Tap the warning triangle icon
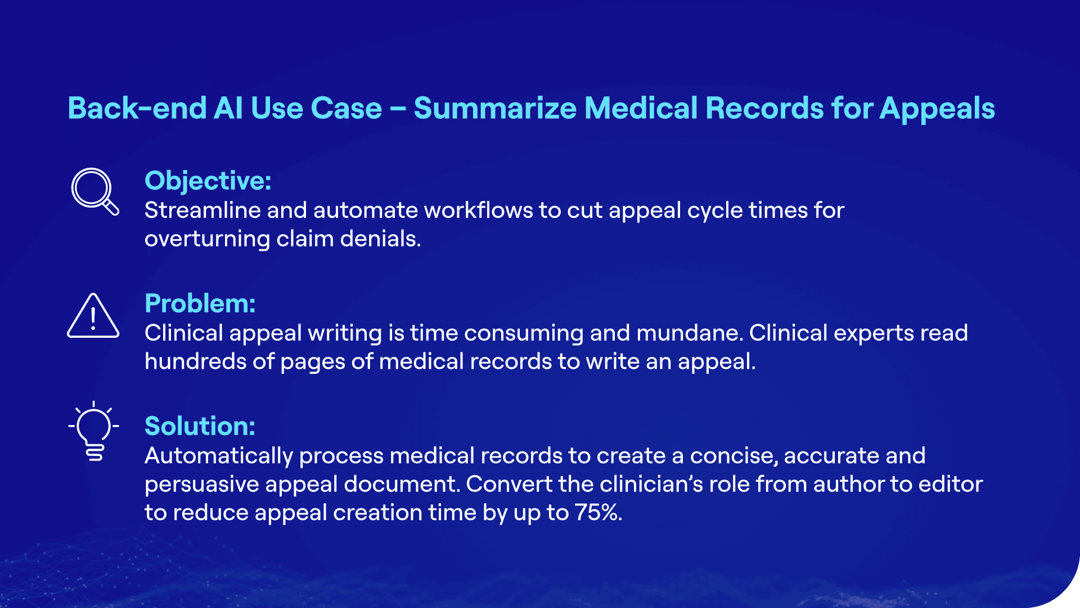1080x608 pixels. (x=93, y=316)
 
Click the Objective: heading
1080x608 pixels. (x=208, y=181)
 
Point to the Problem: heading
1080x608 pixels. (x=200, y=303)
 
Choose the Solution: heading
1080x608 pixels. (x=200, y=426)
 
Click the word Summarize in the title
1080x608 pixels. (x=495, y=108)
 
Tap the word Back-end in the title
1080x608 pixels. (x=137, y=108)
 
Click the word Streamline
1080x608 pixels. (x=202, y=211)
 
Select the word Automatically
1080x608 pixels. (x=218, y=456)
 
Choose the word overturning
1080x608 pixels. (x=207, y=239)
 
